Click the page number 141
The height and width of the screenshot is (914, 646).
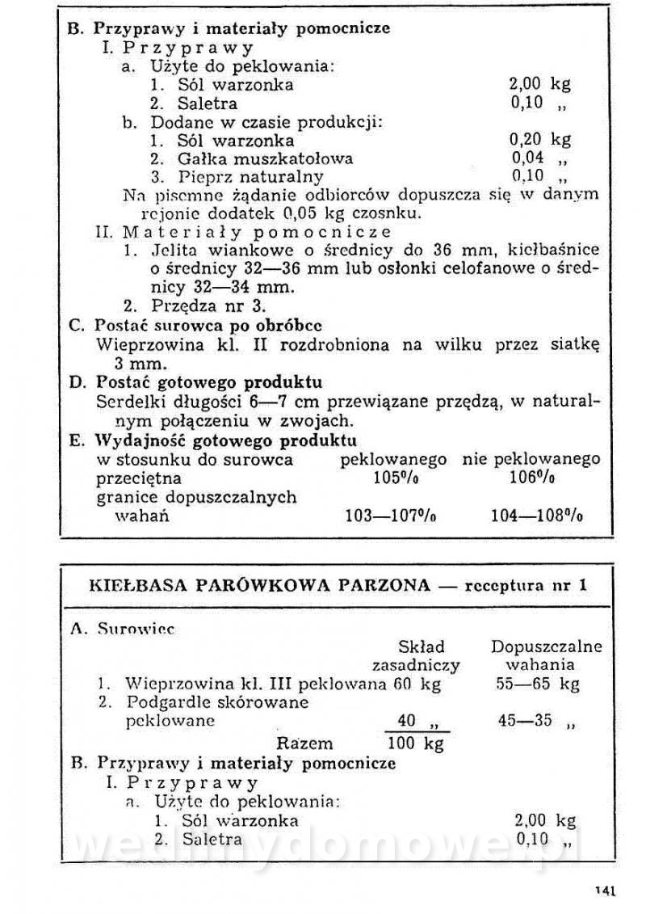point(606,891)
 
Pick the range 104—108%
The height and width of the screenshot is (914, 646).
point(537,516)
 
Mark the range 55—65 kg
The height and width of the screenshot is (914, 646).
point(537,684)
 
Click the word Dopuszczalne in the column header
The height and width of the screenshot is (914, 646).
point(547,647)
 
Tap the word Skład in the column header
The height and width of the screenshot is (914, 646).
point(422,647)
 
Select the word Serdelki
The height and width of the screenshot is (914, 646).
point(128,402)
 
